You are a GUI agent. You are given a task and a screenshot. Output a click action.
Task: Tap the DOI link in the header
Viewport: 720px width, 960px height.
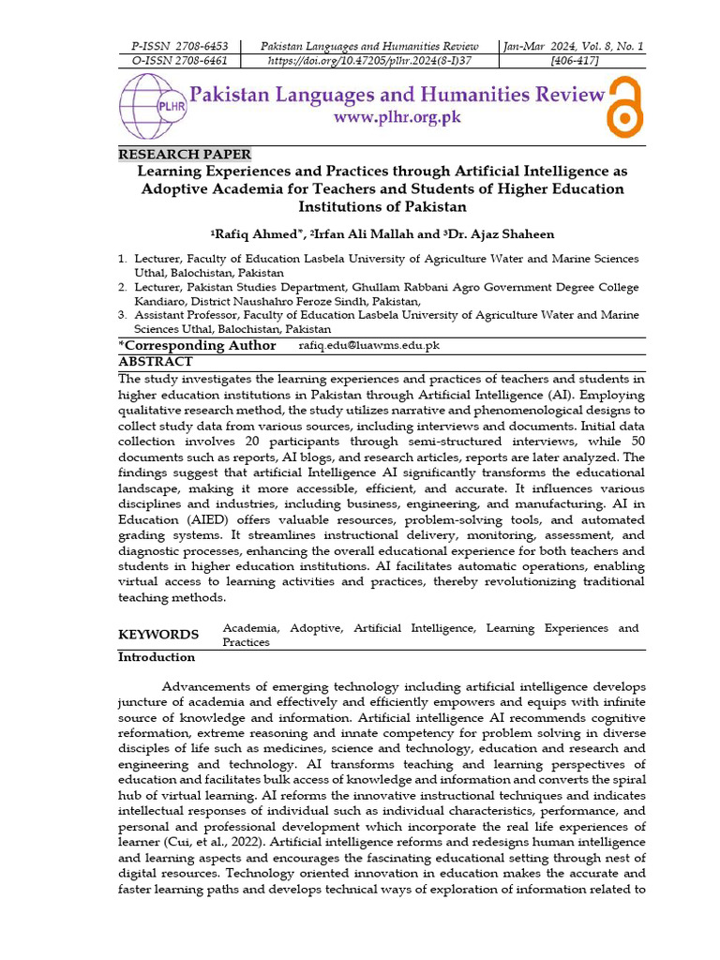pyautogui.click(x=369, y=60)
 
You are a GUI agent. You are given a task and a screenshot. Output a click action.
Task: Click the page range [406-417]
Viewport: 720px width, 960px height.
pyautogui.click(x=574, y=60)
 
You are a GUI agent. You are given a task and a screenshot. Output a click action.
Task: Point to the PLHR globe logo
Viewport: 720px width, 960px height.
pyautogui.click(x=150, y=107)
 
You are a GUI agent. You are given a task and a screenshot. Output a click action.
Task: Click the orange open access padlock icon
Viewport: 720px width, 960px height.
pyautogui.click(x=624, y=106)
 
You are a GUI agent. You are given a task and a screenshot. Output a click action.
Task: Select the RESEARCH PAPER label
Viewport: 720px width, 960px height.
pyautogui.click(x=185, y=155)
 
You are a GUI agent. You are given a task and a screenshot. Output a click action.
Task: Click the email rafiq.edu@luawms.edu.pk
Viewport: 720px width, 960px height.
pyautogui.click(x=368, y=346)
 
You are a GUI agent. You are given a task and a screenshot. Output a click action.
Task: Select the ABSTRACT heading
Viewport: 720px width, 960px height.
pyautogui.click(x=155, y=361)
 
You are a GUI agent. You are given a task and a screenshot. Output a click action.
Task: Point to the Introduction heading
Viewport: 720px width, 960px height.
pyautogui.click(x=156, y=657)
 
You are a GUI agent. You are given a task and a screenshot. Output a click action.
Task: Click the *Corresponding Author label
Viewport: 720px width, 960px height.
pyautogui.click(x=197, y=346)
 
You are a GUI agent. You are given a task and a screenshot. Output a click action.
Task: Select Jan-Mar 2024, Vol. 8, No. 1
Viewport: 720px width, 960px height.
pyautogui.click(x=574, y=46)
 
